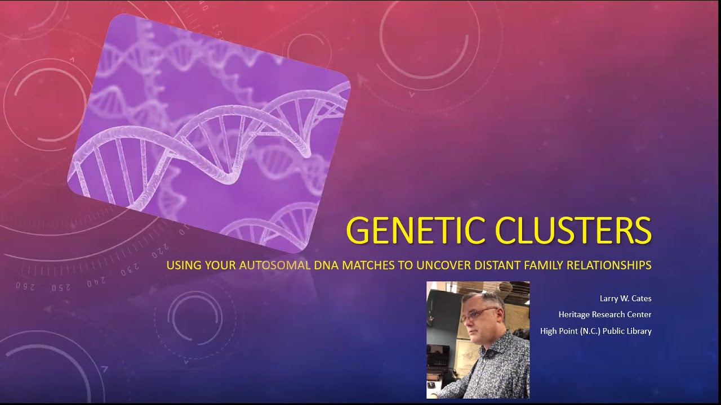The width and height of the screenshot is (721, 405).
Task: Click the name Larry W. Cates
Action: click(625, 299)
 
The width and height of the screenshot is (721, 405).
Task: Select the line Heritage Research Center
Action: click(604, 314)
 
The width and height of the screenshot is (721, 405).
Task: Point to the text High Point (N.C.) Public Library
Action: click(595, 331)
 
